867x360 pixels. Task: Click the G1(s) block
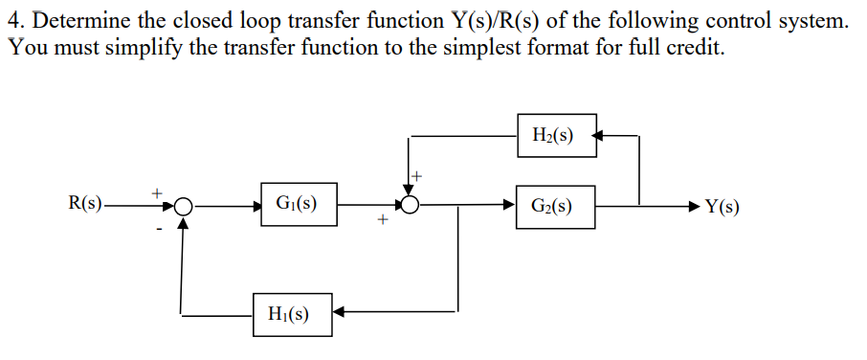click(x=297, y=204)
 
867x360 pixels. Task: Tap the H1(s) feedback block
click(x=292, y=314)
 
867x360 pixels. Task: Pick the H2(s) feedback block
click(x=555, y=135)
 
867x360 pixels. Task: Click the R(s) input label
click(x=87, y=204)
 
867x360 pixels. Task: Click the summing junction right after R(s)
click(x=183, y=205)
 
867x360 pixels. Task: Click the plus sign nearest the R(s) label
click(x=159, y=192)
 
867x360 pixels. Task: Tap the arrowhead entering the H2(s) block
click(x=600, y=136)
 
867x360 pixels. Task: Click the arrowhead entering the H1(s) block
click(x=339, y=310)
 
